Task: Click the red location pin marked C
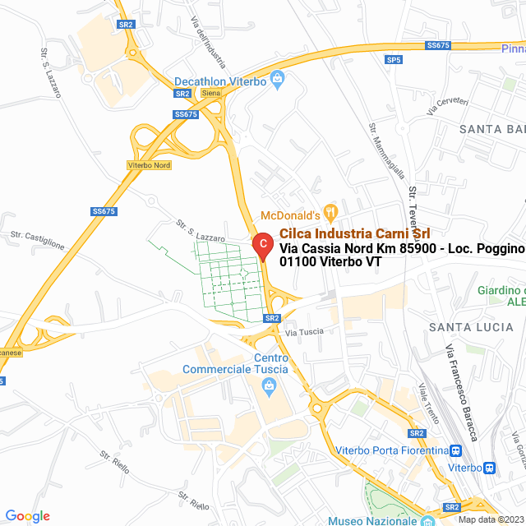[261, 245]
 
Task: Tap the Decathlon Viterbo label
[220, 81]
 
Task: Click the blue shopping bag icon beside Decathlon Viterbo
[277, 81]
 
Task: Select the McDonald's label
[289, 215]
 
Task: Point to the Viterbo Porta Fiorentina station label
[390, 450]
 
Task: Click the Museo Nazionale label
[371, 520]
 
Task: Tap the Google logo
[28, 516]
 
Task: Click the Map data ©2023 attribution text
[491, 519]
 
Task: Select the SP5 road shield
[394, 60]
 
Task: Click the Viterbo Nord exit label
[149, 165]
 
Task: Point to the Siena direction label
[211, 93]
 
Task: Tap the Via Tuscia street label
[304, 332]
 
